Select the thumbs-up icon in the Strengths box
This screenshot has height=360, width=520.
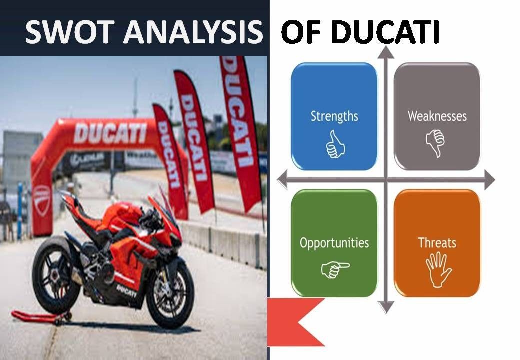pos(334,145)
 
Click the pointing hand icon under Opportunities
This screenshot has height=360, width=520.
pos(334,270)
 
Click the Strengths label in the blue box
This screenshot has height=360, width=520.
pos(334,116)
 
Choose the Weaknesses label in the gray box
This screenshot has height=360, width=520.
pos(437,116)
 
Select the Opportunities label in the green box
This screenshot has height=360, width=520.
pos(334,243)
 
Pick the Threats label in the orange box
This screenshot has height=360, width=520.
pos(437,243)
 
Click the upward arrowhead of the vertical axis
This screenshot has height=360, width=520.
pos(386,52)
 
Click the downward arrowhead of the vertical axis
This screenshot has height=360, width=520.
pos(386,307)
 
